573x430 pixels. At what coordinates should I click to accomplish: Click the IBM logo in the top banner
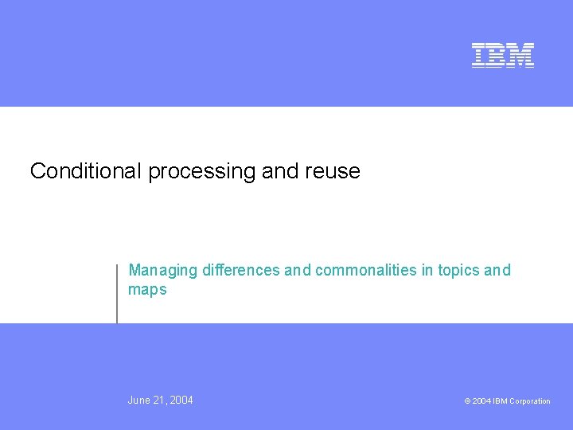tap(503, 55)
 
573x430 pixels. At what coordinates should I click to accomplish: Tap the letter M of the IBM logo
tap(521, 55)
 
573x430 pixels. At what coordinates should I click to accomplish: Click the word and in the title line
tap(278, 171)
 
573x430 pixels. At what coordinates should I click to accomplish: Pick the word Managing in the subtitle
tap(163, 271)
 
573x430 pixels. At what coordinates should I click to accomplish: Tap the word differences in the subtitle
tap(241, 270)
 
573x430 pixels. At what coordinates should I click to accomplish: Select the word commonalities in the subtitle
tap(366, 270)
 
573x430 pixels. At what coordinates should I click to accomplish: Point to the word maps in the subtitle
tap(147, 291)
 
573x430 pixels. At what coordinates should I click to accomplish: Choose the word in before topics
tap(427, 270)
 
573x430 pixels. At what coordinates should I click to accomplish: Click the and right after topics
tap(497, 270)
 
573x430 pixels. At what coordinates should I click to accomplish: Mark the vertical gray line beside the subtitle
tap(117, 293)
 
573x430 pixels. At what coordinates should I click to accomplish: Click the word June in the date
tap(139, 400)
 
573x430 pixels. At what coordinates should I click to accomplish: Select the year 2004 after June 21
tap(181, 400)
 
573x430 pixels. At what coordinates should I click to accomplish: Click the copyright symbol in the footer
tap(467, 401)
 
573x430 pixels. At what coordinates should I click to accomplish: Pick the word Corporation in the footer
tap(529, 401)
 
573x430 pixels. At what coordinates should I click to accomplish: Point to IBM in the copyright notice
tap(500, 401)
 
